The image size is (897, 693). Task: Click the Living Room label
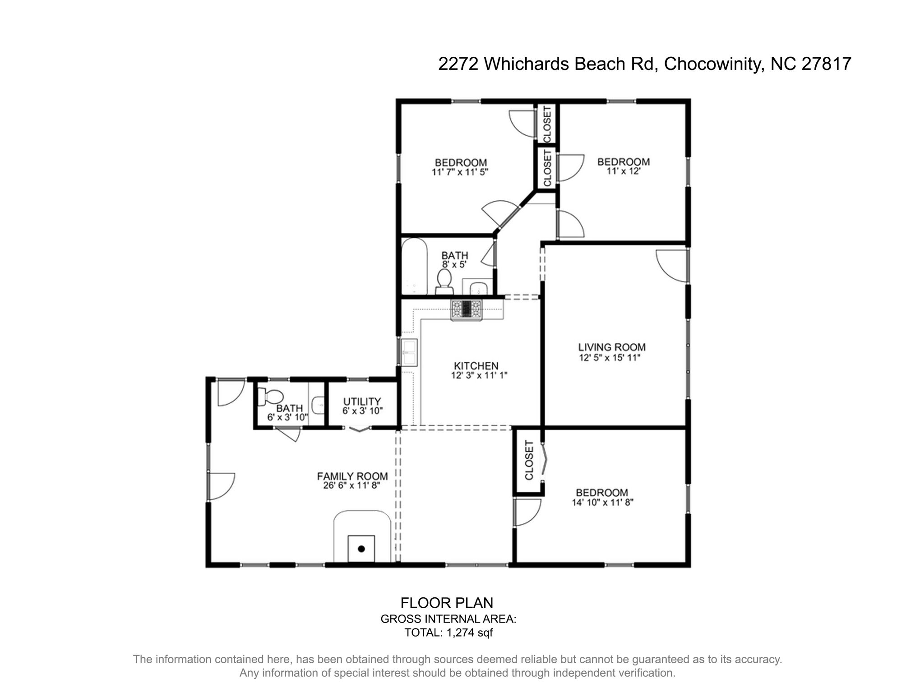click(611, 347)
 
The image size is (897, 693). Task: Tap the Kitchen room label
click(476, 365)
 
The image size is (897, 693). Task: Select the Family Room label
click(352, 476)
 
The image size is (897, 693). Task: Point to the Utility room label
click(362, 401)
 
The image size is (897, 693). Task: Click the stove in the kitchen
click(467, 310)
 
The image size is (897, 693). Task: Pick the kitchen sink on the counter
click(410, 352)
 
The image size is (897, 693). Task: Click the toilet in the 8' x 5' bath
click(444, 280)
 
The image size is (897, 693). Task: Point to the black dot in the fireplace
click(361, 549)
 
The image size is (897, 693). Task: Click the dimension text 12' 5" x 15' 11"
click(610, 358)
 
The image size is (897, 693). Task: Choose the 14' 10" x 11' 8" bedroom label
click(602, 493)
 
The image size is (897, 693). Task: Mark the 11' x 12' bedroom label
click(624, 162)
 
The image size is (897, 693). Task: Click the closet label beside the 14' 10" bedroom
click(529, 460)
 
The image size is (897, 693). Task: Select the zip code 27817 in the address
click(826, 64)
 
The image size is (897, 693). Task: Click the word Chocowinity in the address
click(713, 64)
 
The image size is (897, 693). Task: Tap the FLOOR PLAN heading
click(447, 603)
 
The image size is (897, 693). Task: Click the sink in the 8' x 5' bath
click(478, 288)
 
